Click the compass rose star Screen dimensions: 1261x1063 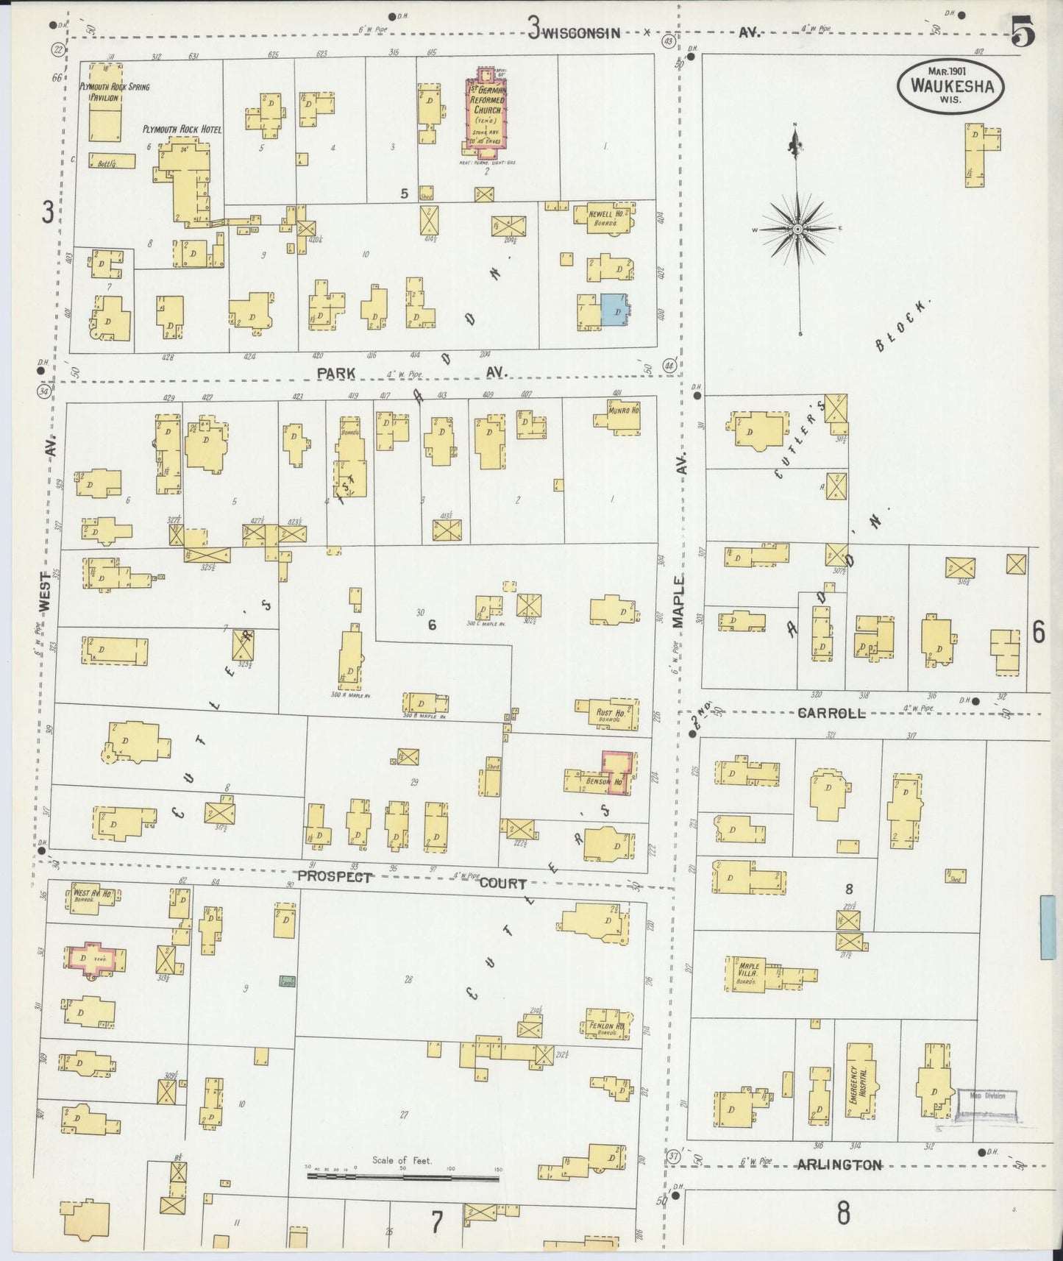pyautogui.click(x=797, y=230)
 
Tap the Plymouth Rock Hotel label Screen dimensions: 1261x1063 pyautogui.click(x=182, y=129)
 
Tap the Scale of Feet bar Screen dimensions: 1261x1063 pyautogui.click(x=402, y=1177)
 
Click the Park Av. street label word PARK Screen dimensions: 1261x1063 pyautogui.click(x=336, y=373)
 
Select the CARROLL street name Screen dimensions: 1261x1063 pyautogui.click(x=832, y=713)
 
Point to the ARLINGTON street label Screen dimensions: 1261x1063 pyautogui.click(x=840, y=1165)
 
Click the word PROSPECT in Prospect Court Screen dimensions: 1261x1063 pyautogui.click(x=334, y=877)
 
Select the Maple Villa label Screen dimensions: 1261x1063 pyautogui.click(x=749, y=970)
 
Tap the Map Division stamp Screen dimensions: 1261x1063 pyautogui.click(x=986, y=1104)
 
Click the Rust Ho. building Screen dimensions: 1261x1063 pyautogui.click(x=610, y=714)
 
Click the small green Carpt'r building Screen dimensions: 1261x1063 pyautogui.click(x=287, y=980)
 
